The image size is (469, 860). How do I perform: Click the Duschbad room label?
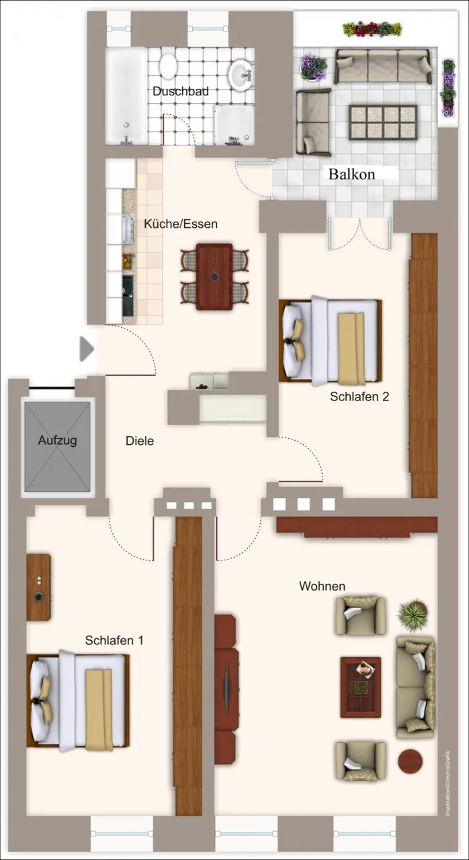click(180, 91)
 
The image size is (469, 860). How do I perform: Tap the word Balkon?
click(351, 174)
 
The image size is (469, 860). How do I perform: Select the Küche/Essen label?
click(181, 224)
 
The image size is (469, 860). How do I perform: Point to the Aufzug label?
click(57, 440)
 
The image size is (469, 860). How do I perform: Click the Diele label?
click(140, 441)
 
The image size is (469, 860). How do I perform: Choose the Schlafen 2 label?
click(359, 396)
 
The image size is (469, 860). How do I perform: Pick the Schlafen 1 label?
click(114, 640)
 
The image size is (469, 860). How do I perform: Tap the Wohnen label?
click(322, 586)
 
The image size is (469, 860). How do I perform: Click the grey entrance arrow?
click(87, 349)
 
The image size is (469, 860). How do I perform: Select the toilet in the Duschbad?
click(168, 66)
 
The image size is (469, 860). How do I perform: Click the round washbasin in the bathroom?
click(241, 75)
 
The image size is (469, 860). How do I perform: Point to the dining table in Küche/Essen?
click(214, 276)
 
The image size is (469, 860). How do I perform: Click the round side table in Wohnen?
click(410, 761)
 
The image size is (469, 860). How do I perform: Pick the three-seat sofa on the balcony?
click(383, 66)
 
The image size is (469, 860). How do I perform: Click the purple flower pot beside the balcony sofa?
click(314, 67)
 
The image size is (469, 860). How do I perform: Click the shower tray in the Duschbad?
click(234, 126)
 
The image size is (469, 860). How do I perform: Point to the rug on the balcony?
click(382, 122)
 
